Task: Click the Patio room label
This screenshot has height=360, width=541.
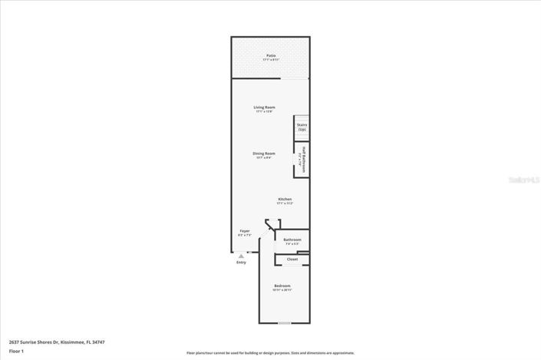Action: [271, 55]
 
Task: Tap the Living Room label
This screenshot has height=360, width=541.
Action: [265, 107]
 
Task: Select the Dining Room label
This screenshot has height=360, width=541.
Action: [264, 153]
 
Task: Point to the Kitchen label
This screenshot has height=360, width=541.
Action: [285, 199]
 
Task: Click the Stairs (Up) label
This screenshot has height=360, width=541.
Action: [302, 127]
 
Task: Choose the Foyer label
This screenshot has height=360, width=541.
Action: [245, 230]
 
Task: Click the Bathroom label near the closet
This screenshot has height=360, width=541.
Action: [292, 239]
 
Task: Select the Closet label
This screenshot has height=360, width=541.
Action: [292, 259]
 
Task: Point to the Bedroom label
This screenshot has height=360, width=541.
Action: [282, 286]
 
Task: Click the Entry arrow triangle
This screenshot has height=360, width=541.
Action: [241, 256]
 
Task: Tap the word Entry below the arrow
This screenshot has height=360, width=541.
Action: [241, 263]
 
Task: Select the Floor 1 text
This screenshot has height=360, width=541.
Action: [17, 351]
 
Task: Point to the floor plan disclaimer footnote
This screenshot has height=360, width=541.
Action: [270, 353]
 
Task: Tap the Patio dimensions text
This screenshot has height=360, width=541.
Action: [271, 59]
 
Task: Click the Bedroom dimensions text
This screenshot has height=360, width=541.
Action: [282, 290]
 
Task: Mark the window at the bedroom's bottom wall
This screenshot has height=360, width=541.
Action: [285, 323]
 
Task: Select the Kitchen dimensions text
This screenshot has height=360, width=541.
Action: [285, 203]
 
